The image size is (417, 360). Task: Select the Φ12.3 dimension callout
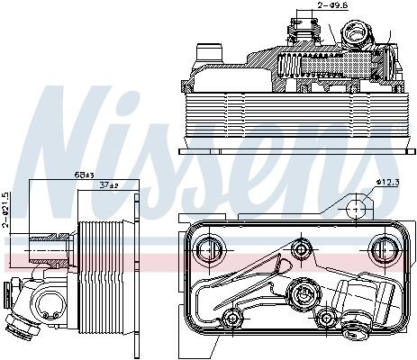tap(388, 182)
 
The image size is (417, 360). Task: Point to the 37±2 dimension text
tap(109, 185)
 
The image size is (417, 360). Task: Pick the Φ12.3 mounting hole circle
tap(356, 209)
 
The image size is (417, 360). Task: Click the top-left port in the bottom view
tap(210, 249)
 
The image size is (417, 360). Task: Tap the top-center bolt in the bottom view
tap(302, 248)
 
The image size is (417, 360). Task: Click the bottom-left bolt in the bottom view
tap(231, 319)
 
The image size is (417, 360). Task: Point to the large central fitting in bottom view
tap(302, 292)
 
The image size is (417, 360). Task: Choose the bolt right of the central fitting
tap(326, 318)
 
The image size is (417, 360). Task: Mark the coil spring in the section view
tap(289, 66)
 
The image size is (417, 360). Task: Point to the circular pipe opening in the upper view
tap(357, 33)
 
